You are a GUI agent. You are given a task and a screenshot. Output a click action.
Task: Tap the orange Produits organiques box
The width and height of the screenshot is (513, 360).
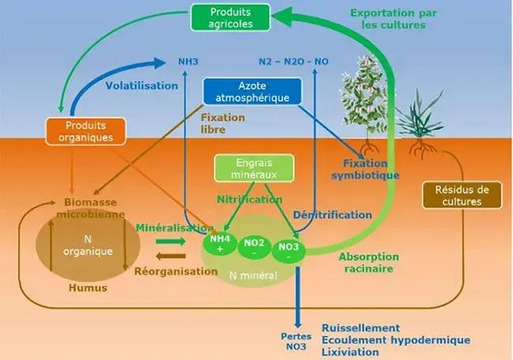(87, 131)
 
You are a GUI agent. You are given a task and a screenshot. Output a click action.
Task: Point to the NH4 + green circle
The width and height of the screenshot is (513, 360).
(219, 243)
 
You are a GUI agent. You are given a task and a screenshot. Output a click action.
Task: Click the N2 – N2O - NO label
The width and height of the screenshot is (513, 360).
(294, 61)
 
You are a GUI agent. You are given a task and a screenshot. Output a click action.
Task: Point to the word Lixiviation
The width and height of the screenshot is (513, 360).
(350, 351)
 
